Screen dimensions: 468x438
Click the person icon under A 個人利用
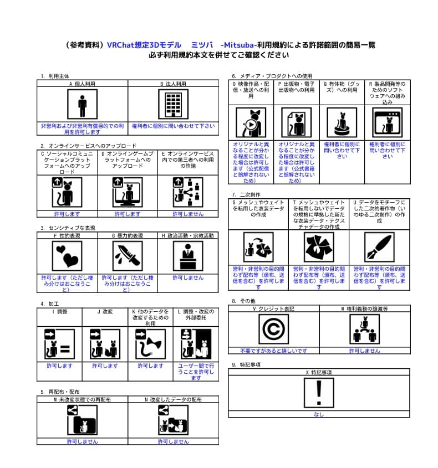tap(82, 104)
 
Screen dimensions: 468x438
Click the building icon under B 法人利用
tap(173, 104)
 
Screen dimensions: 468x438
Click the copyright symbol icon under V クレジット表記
tap(273, 329)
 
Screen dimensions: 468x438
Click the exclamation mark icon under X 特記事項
tap(319, 393)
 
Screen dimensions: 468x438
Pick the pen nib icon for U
tap(379, 246)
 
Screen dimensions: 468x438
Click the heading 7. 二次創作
tap(246, 194)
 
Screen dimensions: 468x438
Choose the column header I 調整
tap(59, 311)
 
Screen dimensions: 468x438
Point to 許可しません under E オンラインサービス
tap(187, 214)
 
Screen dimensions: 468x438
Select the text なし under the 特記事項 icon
tap(319, 414)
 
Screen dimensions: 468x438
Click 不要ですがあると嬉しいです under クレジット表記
tap(273, 351)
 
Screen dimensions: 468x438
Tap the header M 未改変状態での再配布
tap(82, 399)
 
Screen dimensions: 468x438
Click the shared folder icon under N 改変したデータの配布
tap(173, 419)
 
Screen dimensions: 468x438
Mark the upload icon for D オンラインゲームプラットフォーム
tap(127, 192)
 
